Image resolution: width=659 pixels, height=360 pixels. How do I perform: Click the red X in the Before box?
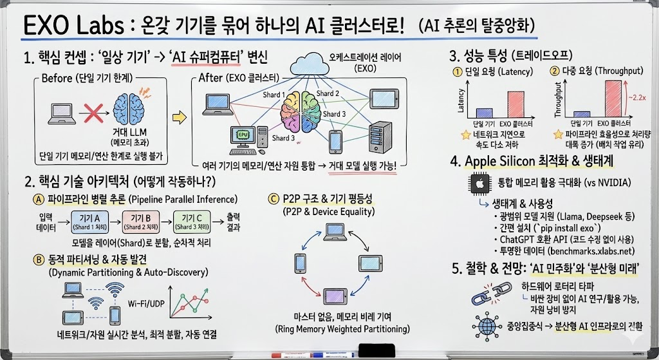point(93,112)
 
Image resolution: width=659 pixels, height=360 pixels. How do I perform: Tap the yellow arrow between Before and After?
point(179,117)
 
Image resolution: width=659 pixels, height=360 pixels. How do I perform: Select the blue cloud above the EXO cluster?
point(310,64)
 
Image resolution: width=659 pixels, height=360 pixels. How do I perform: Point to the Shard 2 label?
point(328,93)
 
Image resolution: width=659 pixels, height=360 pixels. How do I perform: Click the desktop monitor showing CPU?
point(243,136)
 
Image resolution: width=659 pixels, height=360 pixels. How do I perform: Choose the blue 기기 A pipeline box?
point(90,222)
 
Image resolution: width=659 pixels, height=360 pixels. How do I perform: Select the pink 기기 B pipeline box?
point(141,222)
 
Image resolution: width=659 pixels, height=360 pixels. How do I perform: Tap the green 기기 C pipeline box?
point(192,222)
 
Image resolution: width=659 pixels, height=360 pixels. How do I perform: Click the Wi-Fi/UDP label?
point(146,303)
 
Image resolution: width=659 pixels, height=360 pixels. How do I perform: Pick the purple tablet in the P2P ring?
point(335,296)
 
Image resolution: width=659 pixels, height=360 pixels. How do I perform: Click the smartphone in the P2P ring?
point(300,263)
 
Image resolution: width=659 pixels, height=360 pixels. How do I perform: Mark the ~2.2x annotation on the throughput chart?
point(636,97)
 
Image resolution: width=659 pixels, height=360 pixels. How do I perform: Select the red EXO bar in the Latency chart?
point(515,104)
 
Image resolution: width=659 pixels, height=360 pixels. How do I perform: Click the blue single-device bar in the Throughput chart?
point(582,115)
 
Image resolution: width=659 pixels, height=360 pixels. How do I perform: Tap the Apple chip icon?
point(479,184)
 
